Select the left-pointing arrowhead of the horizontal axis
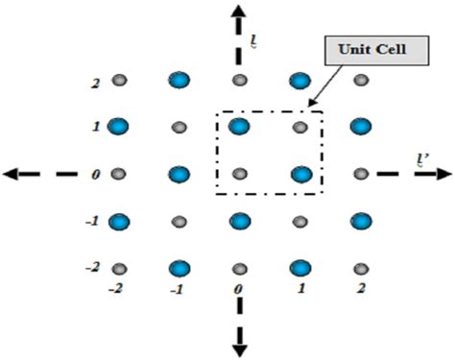pyautogui.click(x=12, y=174)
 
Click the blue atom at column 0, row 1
pyautogui.click(x=239, y=126)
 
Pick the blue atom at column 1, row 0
pyautogui.click(x=300, y=175)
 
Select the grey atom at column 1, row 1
pyautogui.click(x=299, y=126)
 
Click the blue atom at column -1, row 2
pyautogui.click(x=179, y=81)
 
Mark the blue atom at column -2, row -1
pyautogui.click(x=119, y=221)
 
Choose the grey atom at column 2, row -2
pyautogui.click(x=360, y=267)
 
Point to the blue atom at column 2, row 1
pyautogui.click(x=360, y=126)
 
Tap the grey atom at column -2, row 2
pyautogui.click(x=119, y=81)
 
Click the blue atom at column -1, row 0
pyautogui.click(x=179, y=175)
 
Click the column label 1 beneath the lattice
pyautogui.click(x=300, y=287)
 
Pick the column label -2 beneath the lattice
pyautogui.click(x=117, y=287)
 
